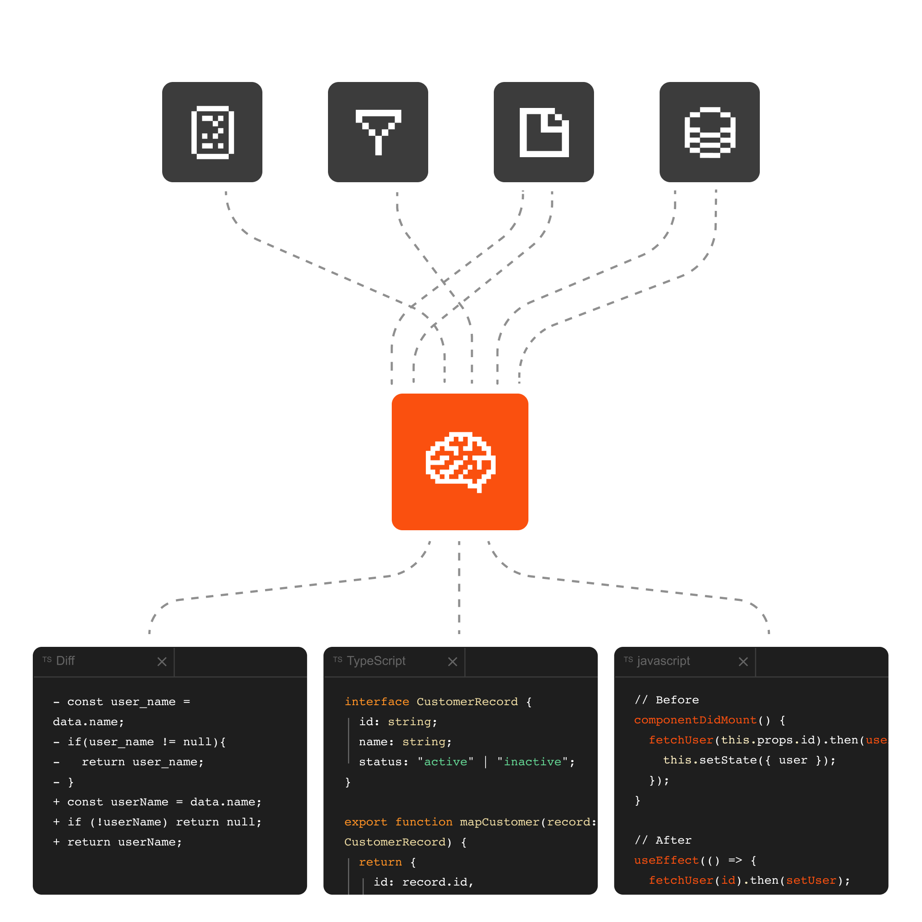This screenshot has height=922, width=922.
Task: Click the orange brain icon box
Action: pyautogui.click(x=460, y=461)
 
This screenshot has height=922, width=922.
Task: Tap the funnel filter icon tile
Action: pyautogui.click(x=378, y=132)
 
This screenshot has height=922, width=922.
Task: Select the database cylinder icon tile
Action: pyautogui.click(x=709, y=132)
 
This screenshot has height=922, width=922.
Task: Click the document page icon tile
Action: pyautogui.click(x=543, y=132)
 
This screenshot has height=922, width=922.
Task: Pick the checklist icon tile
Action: pyautogui.click(x=212, y=132)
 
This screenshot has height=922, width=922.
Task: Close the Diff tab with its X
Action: pyautogui.click(x=162, y=661)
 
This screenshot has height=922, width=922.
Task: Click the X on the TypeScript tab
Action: pyautogui.click(x=452, y=661)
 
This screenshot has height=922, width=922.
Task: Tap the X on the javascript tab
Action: pyautogui.click(x=743, y=661)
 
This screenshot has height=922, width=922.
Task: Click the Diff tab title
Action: pyautogui.click(x=66, y=661)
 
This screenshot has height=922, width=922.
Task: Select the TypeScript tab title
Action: pyautogui.click(x=376, y=661)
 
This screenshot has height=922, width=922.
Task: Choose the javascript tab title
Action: pyautogui.click(x=663, y=661)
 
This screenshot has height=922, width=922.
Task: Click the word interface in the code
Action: pyautogui.click(x=377, y=702)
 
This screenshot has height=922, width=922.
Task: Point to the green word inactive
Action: pyautogui.click(x=533, y=762)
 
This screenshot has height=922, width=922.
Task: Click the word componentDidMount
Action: pyautogui.click(x=695, y=720)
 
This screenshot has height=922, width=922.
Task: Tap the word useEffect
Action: pyautogui.click(x=666, y=860)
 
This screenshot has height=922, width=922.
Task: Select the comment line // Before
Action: pyautogui.click(x=667, y=700)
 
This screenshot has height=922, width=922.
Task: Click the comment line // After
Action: pyautogui.click(x=663, y=840)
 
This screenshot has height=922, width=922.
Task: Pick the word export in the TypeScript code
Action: pyautogui.click(x=365, y=822)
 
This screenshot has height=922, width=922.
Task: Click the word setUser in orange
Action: pyautogui.click(x=811, y=880)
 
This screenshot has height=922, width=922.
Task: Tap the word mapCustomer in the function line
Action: pyautogui.click(x=499, y=822)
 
